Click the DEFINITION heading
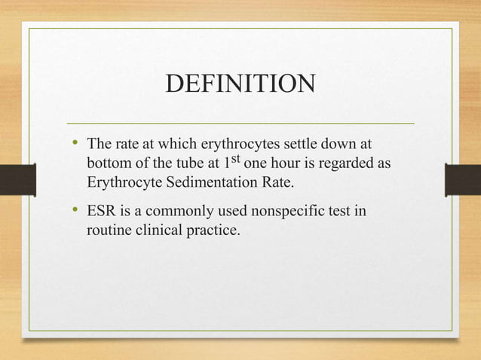240,84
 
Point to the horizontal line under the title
240,123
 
